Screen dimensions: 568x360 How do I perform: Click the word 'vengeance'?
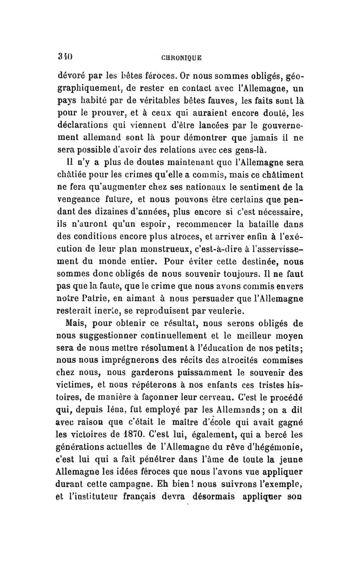pyautogui.click(x=81, y=208)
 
